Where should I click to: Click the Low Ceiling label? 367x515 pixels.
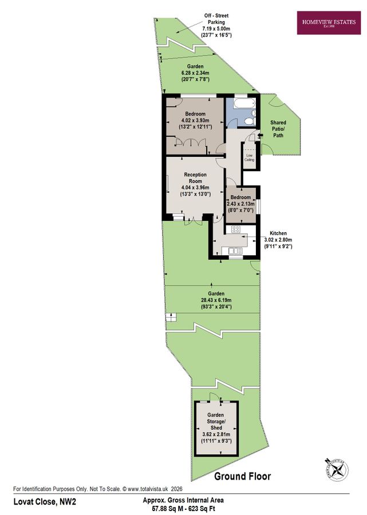pyautogui.click(x=250, y=157)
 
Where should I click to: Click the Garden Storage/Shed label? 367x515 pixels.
pyautogui.click(x=216, y=421)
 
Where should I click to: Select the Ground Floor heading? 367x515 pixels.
pyautogui.click(x=242, y=476)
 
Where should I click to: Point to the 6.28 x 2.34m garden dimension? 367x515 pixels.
pyautogui.click(x=196, y=73)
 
